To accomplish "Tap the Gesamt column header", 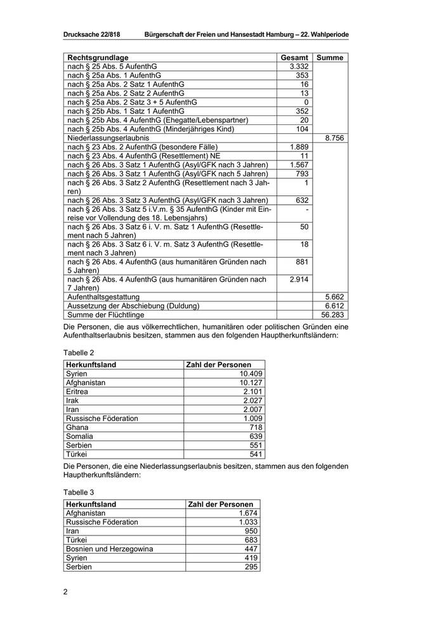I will [294, 58].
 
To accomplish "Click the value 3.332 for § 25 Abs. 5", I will [298, 67].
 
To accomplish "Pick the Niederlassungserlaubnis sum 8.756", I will [334, 138].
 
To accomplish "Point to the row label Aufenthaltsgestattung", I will [103, 296].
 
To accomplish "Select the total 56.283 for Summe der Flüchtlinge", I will [332, 314].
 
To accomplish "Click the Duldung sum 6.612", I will [334, 305].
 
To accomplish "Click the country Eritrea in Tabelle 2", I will [77, 391].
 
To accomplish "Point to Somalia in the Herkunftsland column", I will [80, 436].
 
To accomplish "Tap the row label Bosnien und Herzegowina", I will [110, 549].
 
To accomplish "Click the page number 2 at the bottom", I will [65, 592].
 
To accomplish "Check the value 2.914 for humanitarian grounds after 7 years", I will [298, 279].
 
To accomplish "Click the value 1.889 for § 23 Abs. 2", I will [298, 147].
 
